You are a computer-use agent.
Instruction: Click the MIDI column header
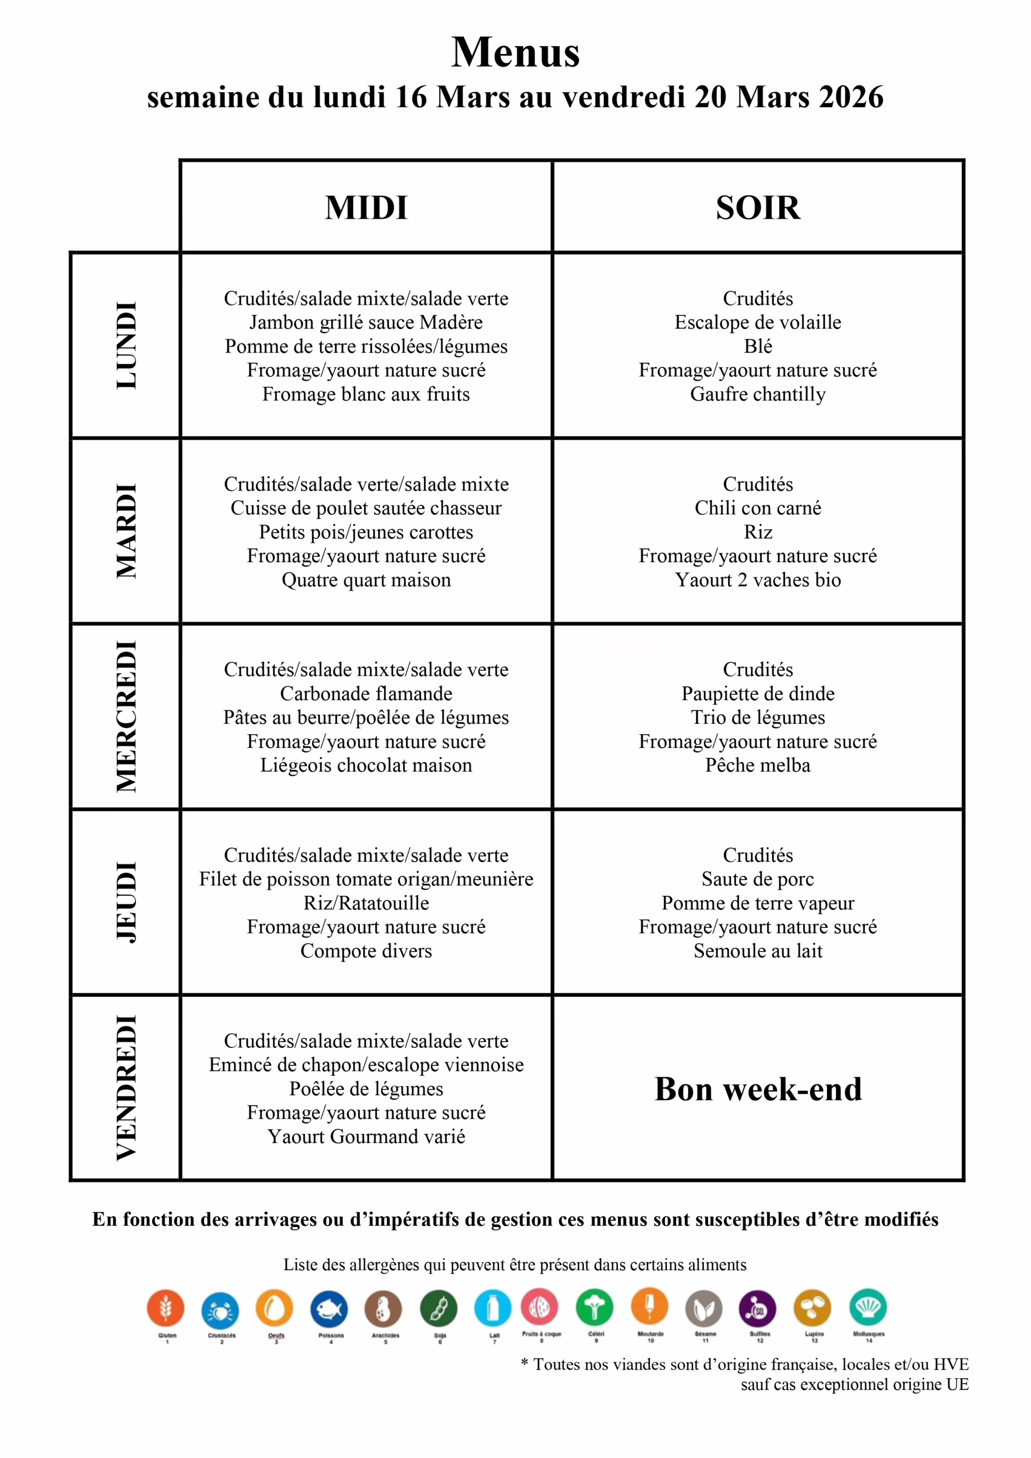pos(366,208)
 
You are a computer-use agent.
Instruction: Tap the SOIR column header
pos(758,208)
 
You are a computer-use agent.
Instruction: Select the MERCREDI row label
pos(126,716)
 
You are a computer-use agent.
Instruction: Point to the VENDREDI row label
pos(126,1088)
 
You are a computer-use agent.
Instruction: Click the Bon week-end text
pos(758,1089)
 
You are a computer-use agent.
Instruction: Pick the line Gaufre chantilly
pos(758,394)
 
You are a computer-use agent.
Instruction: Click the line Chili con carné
pos(758,508)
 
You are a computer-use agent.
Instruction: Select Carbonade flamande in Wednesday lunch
pos(366,694)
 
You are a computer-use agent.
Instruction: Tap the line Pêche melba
pos(758,765)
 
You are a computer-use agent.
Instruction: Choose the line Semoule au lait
pos(758,951)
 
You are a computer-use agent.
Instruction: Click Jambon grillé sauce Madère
pos(366,322)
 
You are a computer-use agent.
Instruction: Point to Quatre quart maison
pos(366,580)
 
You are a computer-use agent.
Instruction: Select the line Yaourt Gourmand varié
pos(366,1136)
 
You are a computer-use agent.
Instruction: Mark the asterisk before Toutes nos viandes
pos(525,1363)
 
